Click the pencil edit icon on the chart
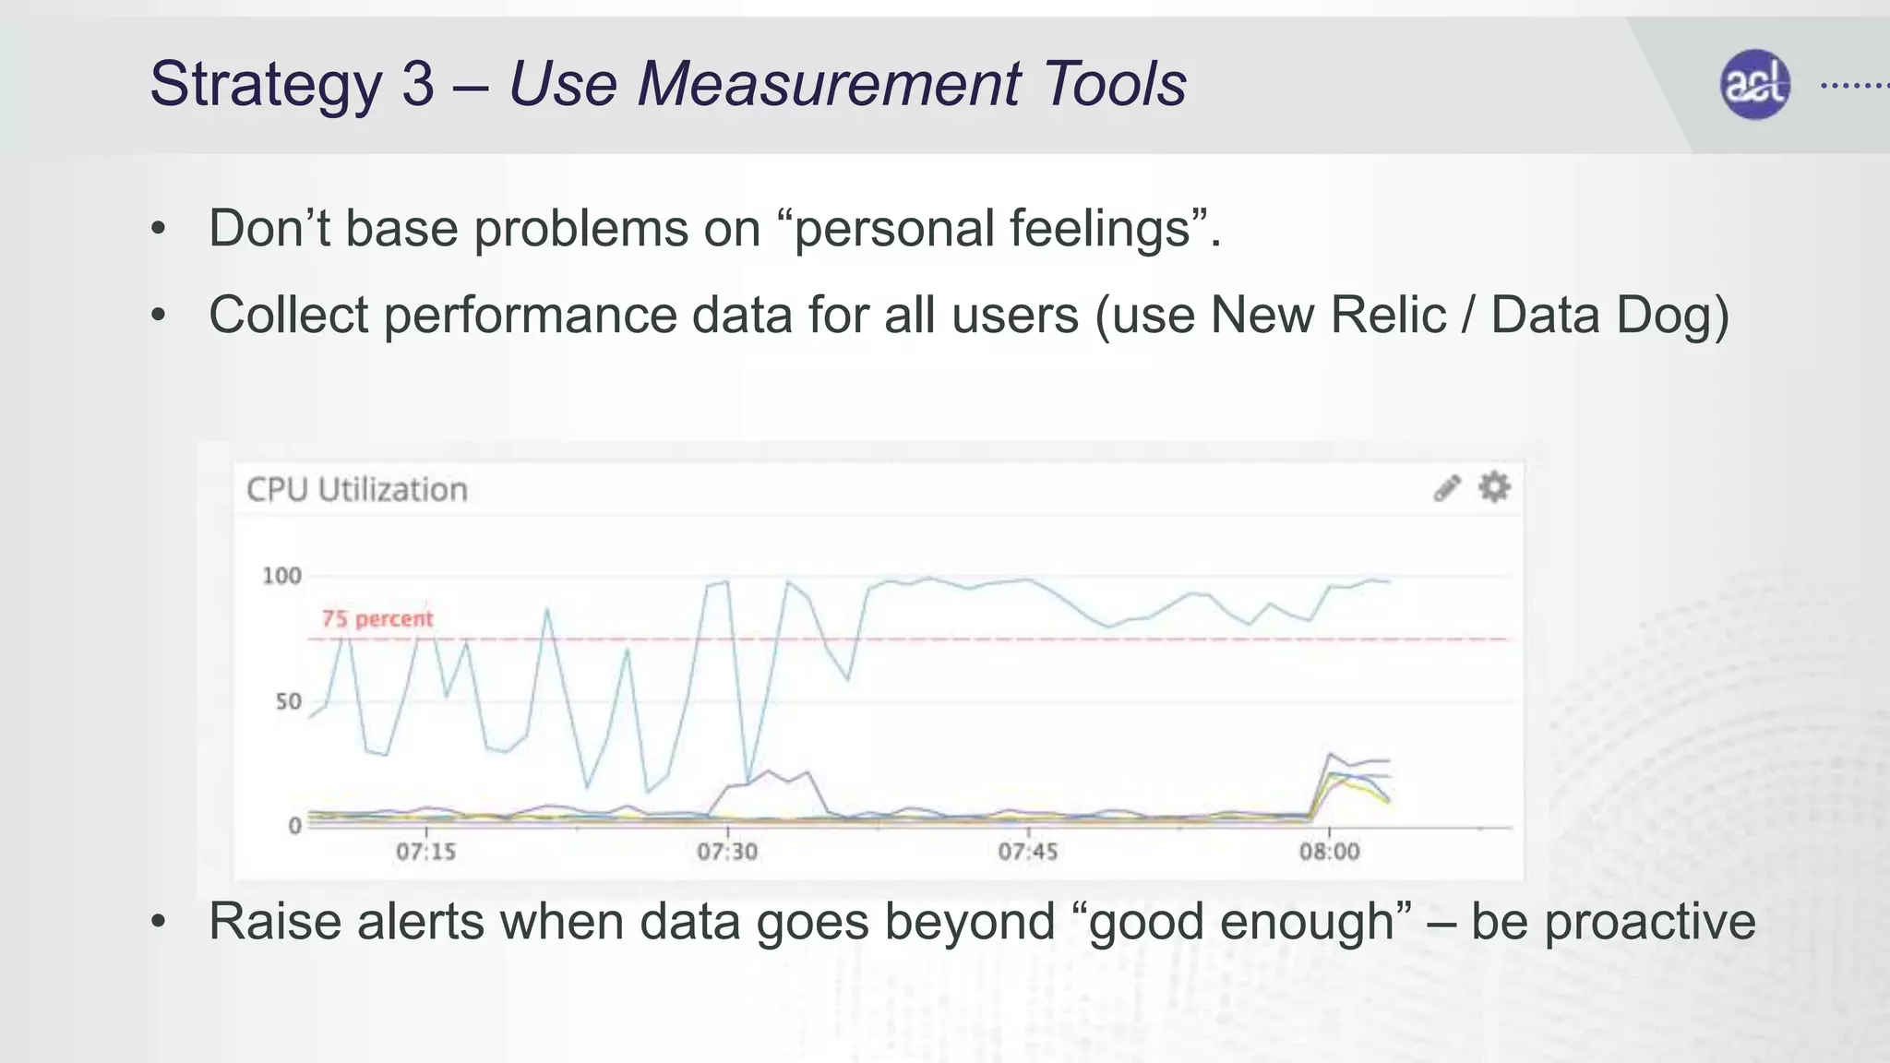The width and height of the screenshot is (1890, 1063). [x=1446, y=488]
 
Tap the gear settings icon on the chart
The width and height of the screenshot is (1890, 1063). [x=1494, y=486]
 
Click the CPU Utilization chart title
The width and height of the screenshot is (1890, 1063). [x=357, y=489]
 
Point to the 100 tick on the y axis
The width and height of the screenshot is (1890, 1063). [x=281, y=576]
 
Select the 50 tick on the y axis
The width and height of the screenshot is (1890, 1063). [x=288, y=701]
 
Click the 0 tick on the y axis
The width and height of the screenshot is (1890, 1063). [x=294, y=825]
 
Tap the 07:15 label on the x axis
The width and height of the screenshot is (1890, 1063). [x=425, y=851]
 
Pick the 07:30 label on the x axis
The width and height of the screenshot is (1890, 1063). [x=726, y=851]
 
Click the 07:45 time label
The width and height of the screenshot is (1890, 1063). [x=1027, y=851]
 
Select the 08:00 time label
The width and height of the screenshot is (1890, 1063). [x=1329, y=851]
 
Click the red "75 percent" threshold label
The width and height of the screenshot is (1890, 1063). [x=377, y=618]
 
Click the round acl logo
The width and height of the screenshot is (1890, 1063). [x=1754, y=85]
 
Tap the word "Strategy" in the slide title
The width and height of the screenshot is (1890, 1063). [x=265, y=84]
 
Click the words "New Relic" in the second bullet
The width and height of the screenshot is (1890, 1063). [x=1327, y=315]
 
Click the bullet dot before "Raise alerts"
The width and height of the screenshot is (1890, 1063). [x=159, y=921]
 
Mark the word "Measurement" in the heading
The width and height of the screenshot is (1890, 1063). [x=829, y=84]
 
